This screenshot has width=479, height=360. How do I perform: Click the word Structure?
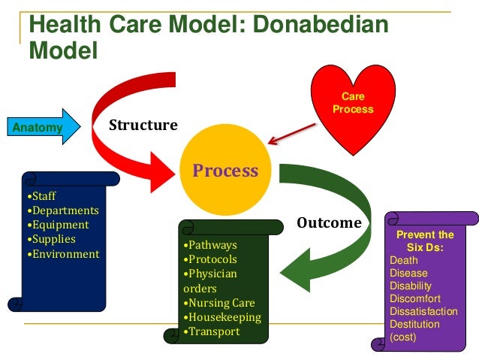point(143,125)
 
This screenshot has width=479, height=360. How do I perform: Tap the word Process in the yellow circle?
point(225,171)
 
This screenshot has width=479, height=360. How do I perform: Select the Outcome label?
point(329,222)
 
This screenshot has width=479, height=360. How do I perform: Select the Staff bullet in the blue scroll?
point(43,196)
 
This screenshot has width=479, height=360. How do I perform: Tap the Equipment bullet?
point(59,225)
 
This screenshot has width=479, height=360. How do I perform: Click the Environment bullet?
point(64,253)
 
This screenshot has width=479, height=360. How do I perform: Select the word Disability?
point(411,286)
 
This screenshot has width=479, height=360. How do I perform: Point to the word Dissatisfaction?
point(423,311)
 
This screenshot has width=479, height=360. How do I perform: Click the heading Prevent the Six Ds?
point(425,241)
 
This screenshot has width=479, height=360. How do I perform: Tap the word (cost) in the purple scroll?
point(403,337)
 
